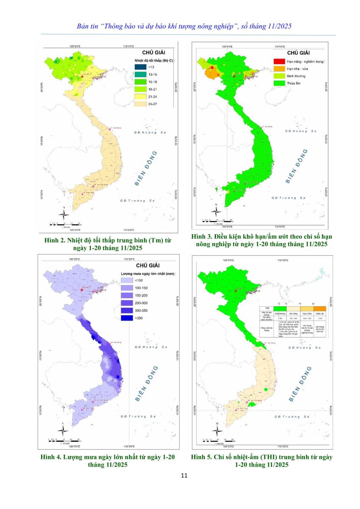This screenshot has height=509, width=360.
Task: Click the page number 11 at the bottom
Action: (184, 475)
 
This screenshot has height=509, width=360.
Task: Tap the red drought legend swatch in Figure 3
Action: (276, 62)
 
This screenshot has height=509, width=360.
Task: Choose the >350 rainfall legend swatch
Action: (126, 317)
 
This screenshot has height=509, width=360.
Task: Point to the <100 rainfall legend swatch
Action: (126, 280)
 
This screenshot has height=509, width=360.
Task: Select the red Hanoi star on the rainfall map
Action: (81, 291)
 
